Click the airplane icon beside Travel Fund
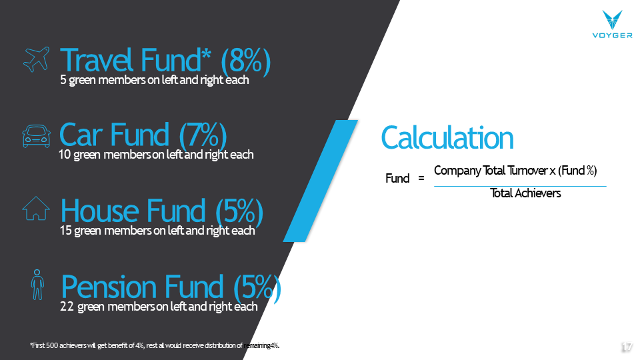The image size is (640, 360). (36, 59)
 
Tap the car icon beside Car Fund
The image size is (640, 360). (36, 136)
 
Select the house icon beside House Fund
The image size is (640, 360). (36, 209)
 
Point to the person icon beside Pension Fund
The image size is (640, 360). (37, 285)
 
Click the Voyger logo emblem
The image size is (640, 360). (612, 20)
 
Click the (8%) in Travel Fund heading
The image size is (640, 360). (246, 61)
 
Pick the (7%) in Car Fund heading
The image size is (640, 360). (203, 135)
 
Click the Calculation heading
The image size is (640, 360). (447, 138)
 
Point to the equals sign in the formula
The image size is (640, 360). (421, 179)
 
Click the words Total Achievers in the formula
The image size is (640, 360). (525, 193)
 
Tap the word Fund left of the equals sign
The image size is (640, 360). (397, 179)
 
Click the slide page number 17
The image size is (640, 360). (627, 347)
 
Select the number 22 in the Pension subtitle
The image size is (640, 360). (67, 307)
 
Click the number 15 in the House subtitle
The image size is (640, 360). (66, 231)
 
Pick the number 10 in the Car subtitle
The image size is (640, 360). (65, 155)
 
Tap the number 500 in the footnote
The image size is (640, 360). (52, 346)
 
